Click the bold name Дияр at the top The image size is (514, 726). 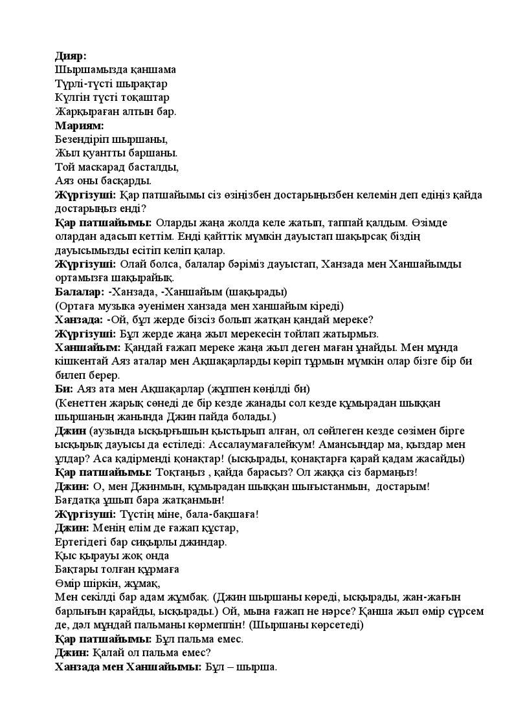point(70,56)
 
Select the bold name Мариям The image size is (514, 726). point(79,125)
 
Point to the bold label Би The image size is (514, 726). point(63,389)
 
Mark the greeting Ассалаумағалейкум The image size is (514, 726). point(337,445)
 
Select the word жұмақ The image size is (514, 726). point(130,583)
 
